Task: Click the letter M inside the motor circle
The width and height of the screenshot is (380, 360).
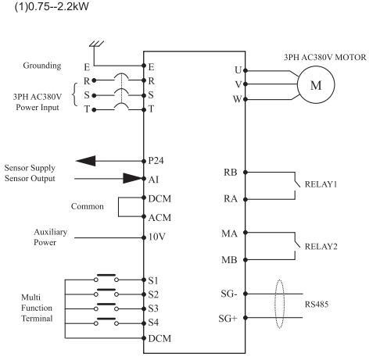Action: pos(316,85)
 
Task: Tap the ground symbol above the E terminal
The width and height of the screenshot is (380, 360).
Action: pos(96,44)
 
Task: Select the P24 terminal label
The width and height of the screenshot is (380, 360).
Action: pos(156,161)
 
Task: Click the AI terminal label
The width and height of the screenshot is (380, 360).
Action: pos(153,180)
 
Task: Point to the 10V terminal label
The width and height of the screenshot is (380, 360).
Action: pos(157,237)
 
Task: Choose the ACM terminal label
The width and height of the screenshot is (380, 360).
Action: pos(160,218)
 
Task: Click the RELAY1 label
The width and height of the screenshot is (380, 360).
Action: pos(321,184)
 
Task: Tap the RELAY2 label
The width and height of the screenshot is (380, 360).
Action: pos(321,246)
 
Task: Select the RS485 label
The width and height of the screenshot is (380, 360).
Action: pos(317,304)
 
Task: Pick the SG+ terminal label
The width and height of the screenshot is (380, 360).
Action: pos(228,319)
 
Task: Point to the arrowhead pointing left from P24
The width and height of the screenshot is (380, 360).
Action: pos(86,161)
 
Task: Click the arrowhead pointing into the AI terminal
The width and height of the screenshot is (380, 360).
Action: pos(133,178)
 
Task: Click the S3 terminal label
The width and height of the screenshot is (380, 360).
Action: pos(153,308)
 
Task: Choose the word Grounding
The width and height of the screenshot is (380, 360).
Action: pos(42,66)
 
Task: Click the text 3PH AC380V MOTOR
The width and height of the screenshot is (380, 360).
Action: pos(325,57)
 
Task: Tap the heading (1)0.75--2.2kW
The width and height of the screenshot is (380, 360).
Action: pos(52,6)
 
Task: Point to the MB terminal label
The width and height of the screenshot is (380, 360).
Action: pos(229,260)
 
